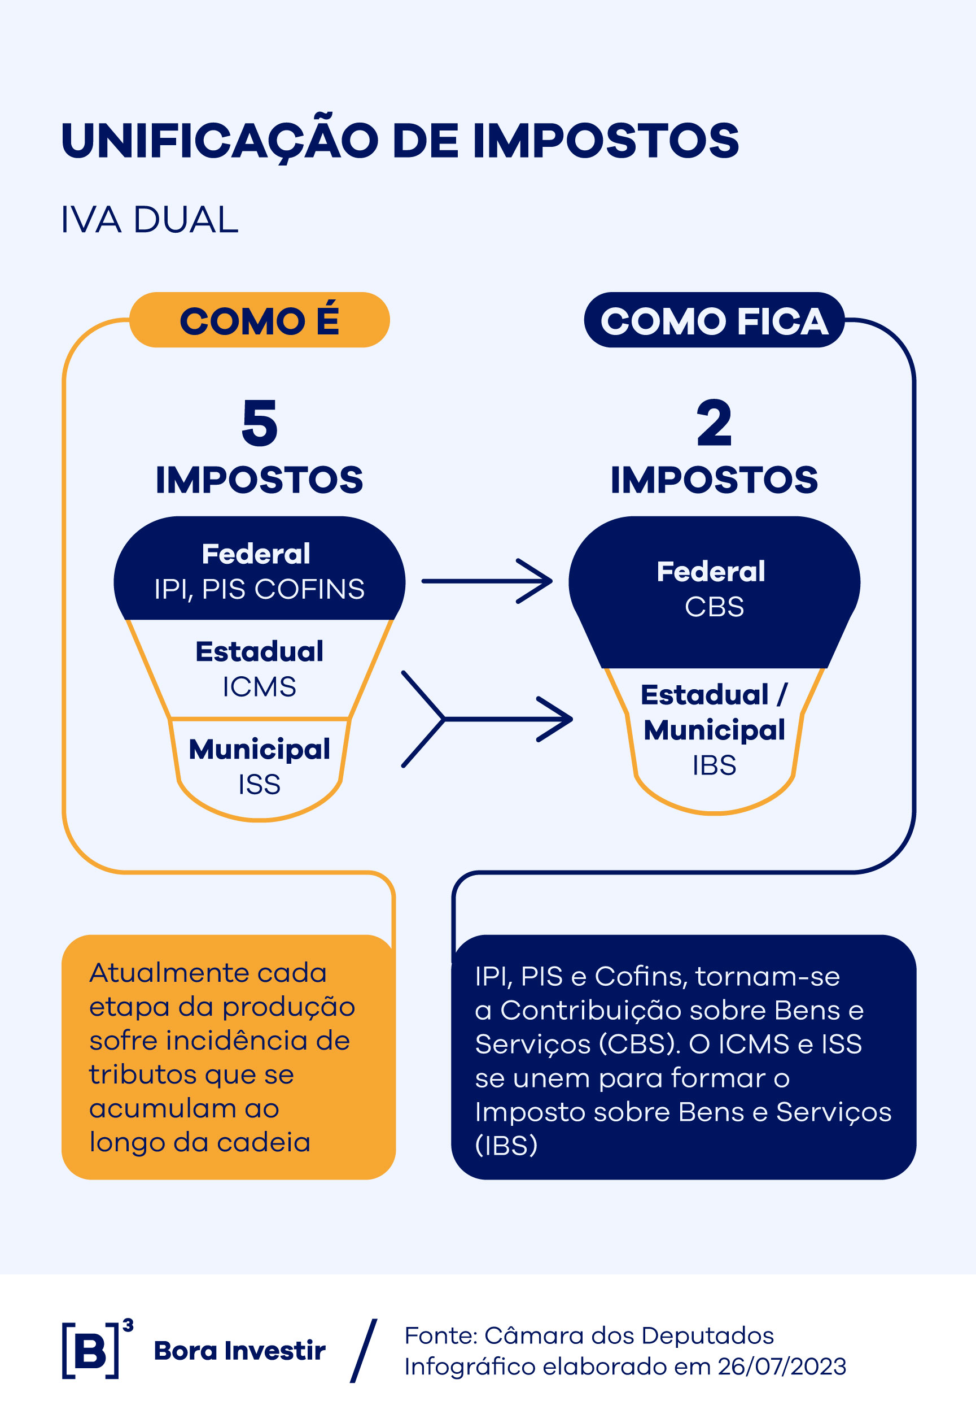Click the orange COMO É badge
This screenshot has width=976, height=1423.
[260, 320]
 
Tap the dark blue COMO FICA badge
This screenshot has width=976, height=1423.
[714, 320]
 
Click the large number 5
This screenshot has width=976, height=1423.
[260, 423]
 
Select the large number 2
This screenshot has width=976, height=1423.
[714, 423]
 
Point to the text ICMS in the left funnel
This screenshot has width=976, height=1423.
[260, 687]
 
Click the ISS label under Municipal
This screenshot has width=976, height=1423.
[260, 784]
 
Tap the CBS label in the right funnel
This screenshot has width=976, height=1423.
[714, 607]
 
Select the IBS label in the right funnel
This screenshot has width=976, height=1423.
[714, 765]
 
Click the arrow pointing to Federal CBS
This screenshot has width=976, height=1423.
[487, 581]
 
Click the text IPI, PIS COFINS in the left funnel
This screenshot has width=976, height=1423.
[260, 589]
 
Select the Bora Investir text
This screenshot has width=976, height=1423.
[239, 1351]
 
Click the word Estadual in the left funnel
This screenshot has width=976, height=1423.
[260, 651]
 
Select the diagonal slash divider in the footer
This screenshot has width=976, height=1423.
[364, 1351]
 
